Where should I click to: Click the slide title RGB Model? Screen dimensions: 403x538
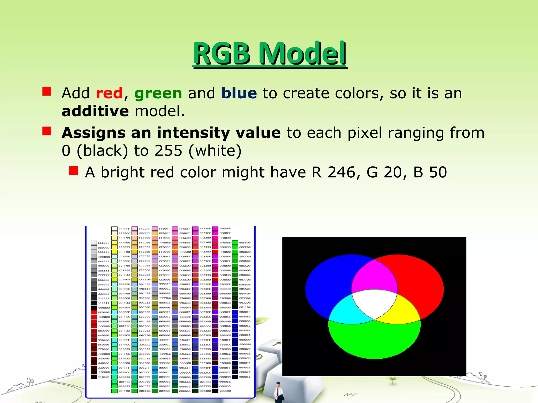[x=270, y=54]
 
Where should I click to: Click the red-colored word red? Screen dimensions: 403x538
[x=109, y=93]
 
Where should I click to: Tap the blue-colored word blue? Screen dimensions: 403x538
[x=239, y=93]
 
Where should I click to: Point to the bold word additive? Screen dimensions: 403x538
[x=95, y=111]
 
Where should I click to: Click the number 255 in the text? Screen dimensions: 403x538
[x=168, y=151]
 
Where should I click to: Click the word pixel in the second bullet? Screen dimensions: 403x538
[x=364, y=133]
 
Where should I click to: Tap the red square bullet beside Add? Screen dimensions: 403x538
[x=47, y=92]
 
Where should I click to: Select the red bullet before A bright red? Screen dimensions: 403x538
[x=74, y=171]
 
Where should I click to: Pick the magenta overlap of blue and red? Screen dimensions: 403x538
[x=374, y=275]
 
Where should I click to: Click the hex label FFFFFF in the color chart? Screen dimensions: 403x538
[x=124, y=229]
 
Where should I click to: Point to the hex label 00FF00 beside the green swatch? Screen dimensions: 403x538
[x=245, y=243]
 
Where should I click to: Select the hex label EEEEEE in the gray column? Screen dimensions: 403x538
[x=104, y=243]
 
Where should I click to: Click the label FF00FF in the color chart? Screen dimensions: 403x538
[x=225, y=229]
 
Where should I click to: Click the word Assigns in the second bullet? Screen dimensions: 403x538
[x=93, y=133]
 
